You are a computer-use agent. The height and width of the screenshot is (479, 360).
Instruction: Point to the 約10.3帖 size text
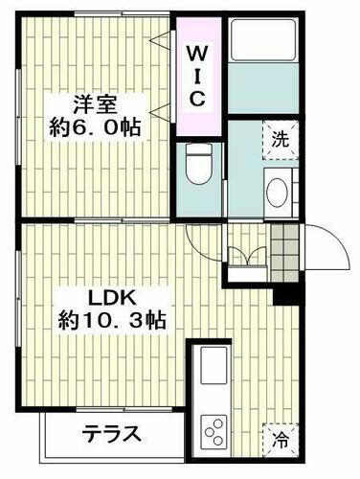[111, 321]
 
